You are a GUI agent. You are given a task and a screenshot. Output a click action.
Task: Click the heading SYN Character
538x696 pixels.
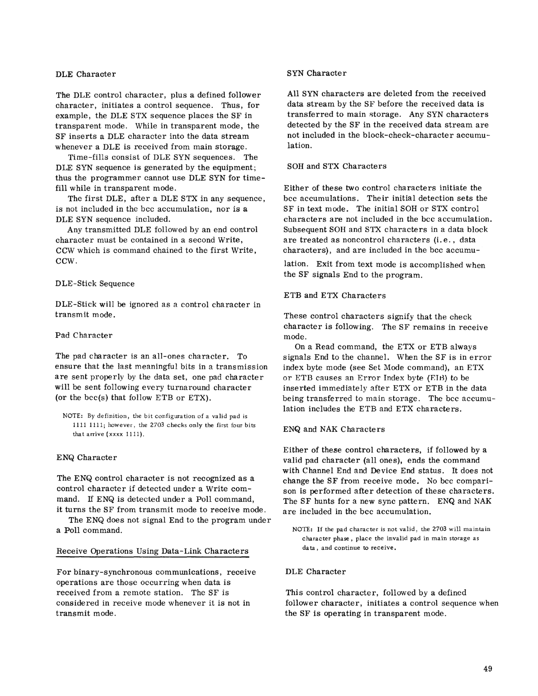316,73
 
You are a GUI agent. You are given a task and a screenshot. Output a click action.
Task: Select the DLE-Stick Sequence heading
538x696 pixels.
95,284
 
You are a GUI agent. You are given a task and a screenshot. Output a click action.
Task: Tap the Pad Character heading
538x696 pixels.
84,335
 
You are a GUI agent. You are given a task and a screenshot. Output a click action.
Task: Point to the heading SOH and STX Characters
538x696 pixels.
337,166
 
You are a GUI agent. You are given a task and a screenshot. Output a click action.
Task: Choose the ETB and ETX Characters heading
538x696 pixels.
334,295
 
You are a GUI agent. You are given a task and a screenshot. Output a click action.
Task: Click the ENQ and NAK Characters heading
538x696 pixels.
334,429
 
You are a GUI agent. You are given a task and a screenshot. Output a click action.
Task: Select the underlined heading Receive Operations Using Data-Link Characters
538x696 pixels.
152,551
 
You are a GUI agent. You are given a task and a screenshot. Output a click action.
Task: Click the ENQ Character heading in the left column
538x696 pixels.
87,458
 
